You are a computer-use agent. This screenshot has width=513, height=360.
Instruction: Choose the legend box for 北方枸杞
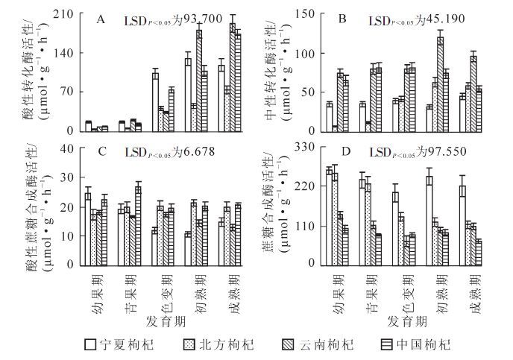coord(189,344)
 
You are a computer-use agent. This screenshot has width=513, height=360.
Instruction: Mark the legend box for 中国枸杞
coord(388,344)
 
